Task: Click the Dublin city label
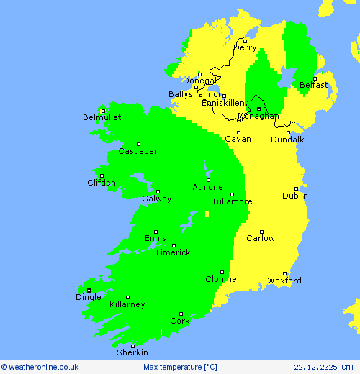click(295, 196)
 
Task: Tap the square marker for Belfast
click(315, 78)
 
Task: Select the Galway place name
click(156, 199)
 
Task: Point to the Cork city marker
click(181, 314)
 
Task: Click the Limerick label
click(173, 252)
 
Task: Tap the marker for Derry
click(245, 40)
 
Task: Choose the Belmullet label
click(102, 117)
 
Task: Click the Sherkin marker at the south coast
click(132, 346)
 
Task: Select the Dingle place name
click(89, 297)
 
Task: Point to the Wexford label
click(284, 280)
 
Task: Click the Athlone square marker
click(208, 180)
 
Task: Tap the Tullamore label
click(232, 201)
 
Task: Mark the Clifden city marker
click(102, 175)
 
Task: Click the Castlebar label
click(138, 151)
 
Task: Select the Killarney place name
click(127, 304)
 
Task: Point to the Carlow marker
click(261, 232)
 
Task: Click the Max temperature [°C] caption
click(180, 367)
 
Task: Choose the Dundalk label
click(287, 139)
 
